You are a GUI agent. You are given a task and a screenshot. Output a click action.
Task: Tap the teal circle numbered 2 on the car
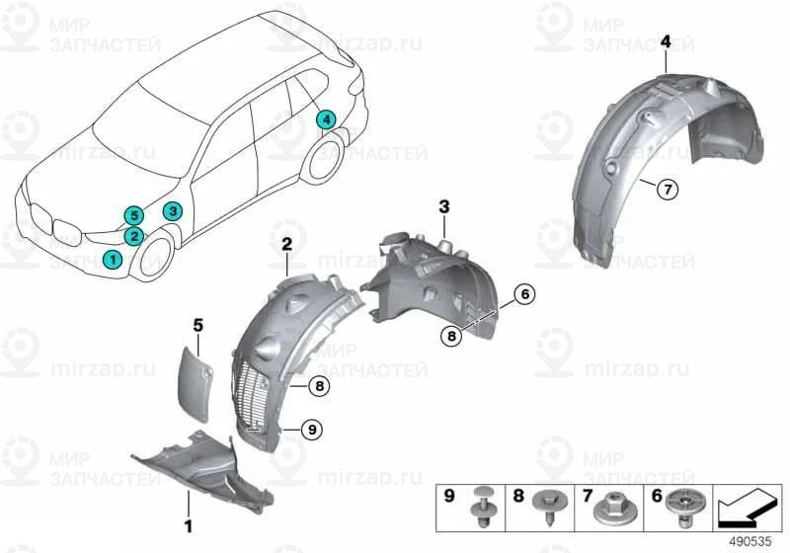pos(133,235)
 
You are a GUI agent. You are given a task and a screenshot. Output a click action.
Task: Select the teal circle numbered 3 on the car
pos(172,210)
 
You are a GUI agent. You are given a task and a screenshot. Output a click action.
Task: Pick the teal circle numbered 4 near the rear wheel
pos(325,119)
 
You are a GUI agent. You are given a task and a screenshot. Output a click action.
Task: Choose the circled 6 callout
pos(524,293)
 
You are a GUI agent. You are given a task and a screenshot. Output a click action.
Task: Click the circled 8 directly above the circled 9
pos(319,387)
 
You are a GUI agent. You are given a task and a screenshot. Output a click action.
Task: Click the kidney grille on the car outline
pos(64,233)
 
